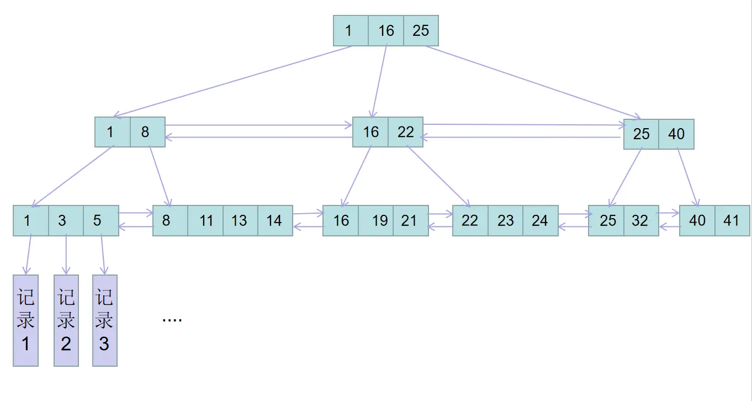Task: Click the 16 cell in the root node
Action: (x=386, y=30)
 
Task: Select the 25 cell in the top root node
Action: (x=421, y=30)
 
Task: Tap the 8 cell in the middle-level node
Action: (x=147, y=132)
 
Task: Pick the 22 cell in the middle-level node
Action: (x=406, y=132)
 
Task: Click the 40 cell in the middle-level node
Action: (x=676, y=134)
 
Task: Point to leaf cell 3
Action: (x=66, y=220)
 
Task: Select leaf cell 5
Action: (x=101, y=220)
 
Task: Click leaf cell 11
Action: (x=205, y=220)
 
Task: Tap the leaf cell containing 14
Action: (x=276, y=220)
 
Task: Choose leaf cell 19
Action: (x=375, y=220)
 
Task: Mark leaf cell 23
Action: (x=505, y=220)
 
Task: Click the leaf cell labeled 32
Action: (x=641, y=220)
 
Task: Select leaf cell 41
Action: (x=732, y=220)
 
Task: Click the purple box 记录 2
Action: (x=66, y=320)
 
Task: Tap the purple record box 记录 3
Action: (x=105, y=320)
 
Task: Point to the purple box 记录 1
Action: (x=25, y=320)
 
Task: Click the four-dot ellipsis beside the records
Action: (x=172, y=320)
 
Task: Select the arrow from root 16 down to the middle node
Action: (x=379, y=82)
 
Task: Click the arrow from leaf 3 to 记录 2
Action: (x=66, y=255)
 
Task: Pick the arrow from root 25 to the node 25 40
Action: (x=533, y=83)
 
